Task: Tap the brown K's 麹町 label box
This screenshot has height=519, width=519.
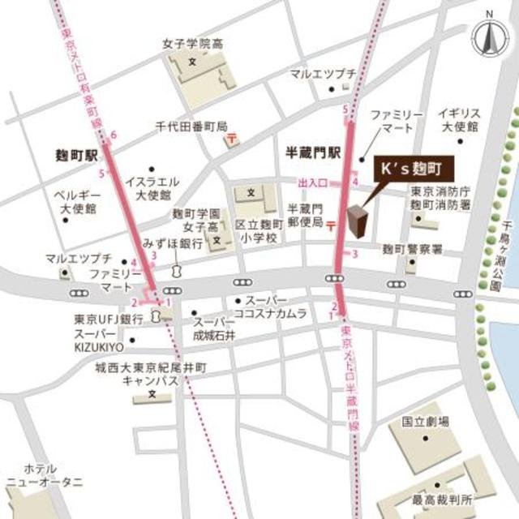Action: point(412,171)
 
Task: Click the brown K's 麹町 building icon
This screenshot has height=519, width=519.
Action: point(358,220)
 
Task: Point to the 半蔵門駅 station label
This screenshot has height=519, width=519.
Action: point(315,152)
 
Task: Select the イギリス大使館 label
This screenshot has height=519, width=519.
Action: point(458,120)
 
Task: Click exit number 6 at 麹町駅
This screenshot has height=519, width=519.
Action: point(114,135)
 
